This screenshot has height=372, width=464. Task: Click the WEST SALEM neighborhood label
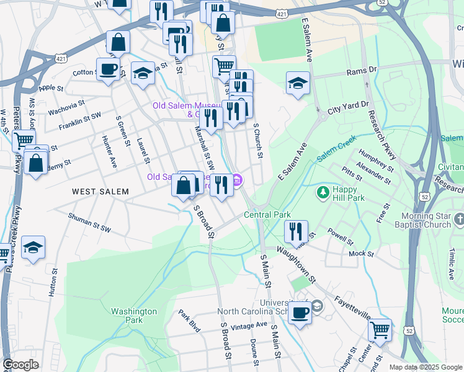click(100, 192)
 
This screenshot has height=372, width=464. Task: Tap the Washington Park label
click(133, 316)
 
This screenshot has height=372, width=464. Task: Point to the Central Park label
click(267, 215)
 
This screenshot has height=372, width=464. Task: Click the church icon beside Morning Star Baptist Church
click(459, 219)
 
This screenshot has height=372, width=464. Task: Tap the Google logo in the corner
click(20, 365)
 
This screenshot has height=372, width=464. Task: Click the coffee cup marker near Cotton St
click(108, 69)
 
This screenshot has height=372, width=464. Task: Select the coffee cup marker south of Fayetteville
click(300, 312)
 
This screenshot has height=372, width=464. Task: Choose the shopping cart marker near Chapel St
click(380, 330)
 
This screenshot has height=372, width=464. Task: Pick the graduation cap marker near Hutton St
click(33, 247)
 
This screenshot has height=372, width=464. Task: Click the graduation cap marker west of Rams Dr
click(298, 83)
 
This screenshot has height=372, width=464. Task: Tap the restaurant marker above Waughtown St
click(296, 231)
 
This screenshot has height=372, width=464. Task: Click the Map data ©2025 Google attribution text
click(425, 367)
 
